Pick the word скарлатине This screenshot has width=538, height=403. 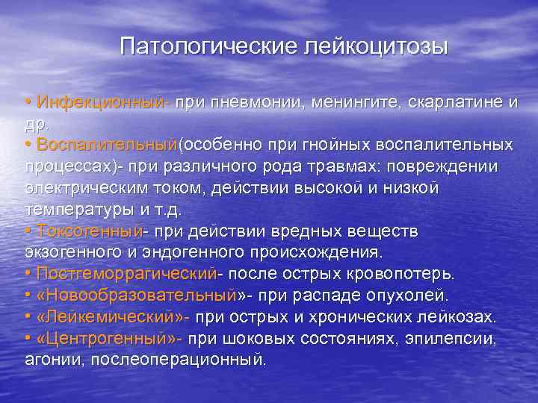(451, 101)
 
